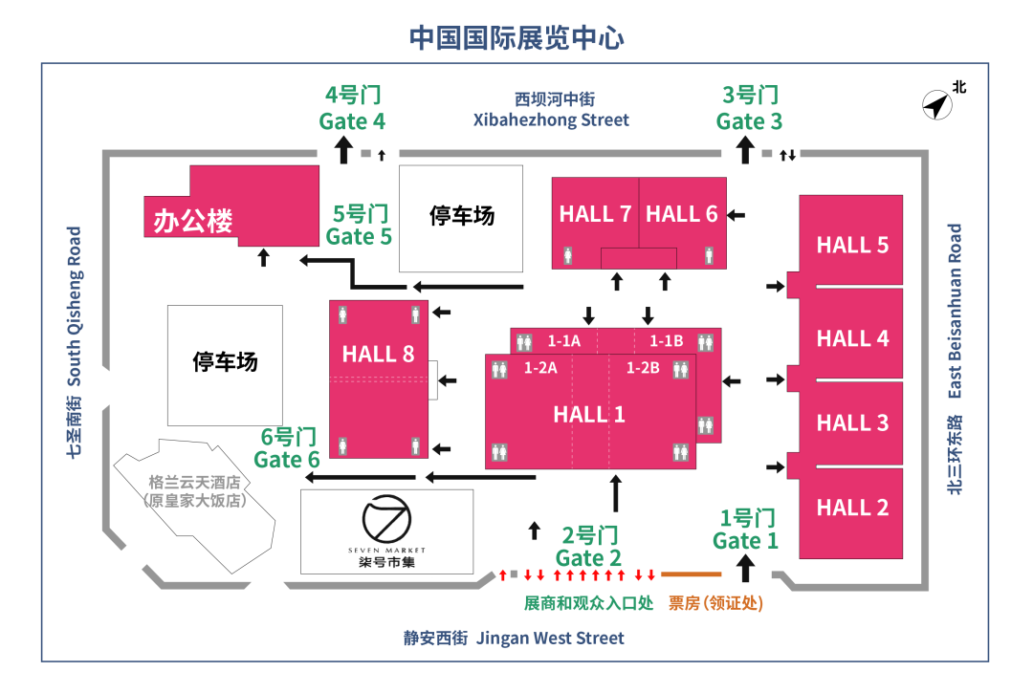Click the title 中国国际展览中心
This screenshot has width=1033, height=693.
pos(516,38)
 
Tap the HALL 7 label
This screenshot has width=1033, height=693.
pos(595,214)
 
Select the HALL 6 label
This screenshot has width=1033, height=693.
pos(681,214)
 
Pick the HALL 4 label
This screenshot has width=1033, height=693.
pos(852,338)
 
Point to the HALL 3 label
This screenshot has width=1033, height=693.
pos(852,422)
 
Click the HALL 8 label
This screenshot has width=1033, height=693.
pos(378,355)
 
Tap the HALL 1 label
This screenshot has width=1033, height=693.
pos(589,414)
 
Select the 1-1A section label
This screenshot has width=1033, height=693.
pos(563,340)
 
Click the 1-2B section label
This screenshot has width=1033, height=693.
pos(643,368)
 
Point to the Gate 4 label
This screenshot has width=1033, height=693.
pos(352,121)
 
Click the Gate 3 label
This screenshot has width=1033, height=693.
pos(749,121)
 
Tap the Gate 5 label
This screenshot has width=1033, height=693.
pos(359,236)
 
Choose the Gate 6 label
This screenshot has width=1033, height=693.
pos(287,460)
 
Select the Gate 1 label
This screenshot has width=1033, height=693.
pos(745,541)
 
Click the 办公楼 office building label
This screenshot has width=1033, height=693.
pos(193,222)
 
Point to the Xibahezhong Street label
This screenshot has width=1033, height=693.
pos(552,120)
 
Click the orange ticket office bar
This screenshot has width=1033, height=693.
pos(691,574)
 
